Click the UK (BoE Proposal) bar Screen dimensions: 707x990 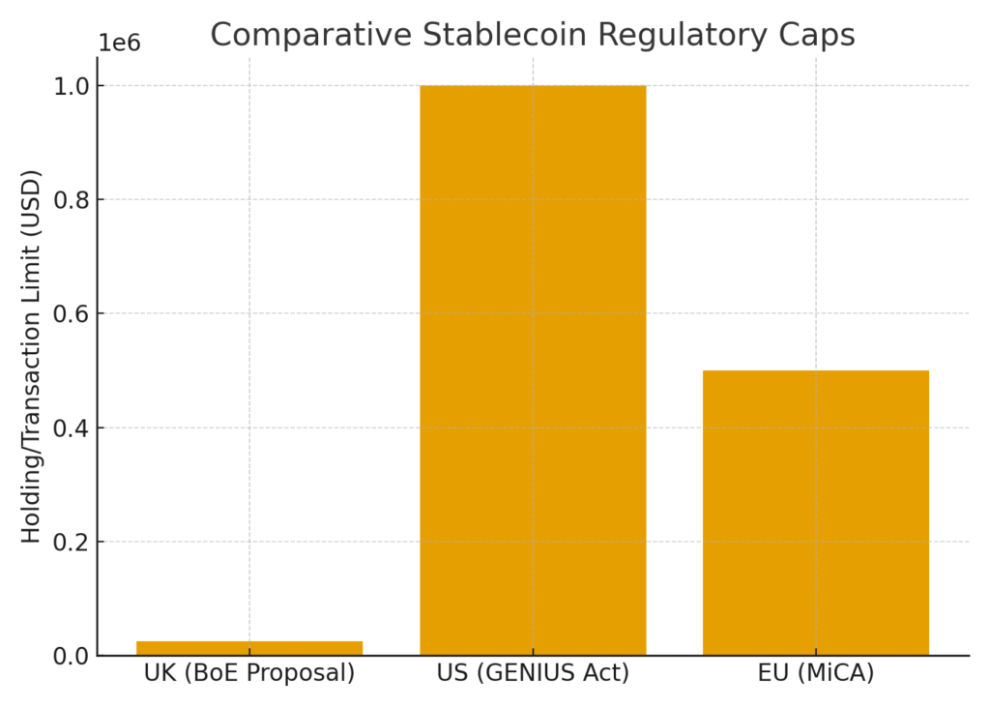pos(249,648)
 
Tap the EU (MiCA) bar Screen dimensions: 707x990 pos(816,513)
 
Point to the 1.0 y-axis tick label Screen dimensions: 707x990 pos(71,86)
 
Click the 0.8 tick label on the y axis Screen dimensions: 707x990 pos(71,200)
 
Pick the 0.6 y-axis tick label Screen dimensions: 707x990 pos(71,314)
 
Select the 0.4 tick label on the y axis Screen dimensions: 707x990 pos(71,428)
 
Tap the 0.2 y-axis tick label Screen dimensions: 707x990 pos(71,543)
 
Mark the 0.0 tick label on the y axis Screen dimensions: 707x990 pos(71,657)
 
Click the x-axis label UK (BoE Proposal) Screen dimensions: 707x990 pos(249,673)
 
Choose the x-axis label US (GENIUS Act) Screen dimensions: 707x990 pos(533,673)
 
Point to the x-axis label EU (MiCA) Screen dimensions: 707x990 pos(816,673)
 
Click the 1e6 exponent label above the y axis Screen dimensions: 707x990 pos(119,44)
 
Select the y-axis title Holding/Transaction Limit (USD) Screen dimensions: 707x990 pos(32,356)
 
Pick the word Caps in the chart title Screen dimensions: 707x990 pos(821,35)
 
